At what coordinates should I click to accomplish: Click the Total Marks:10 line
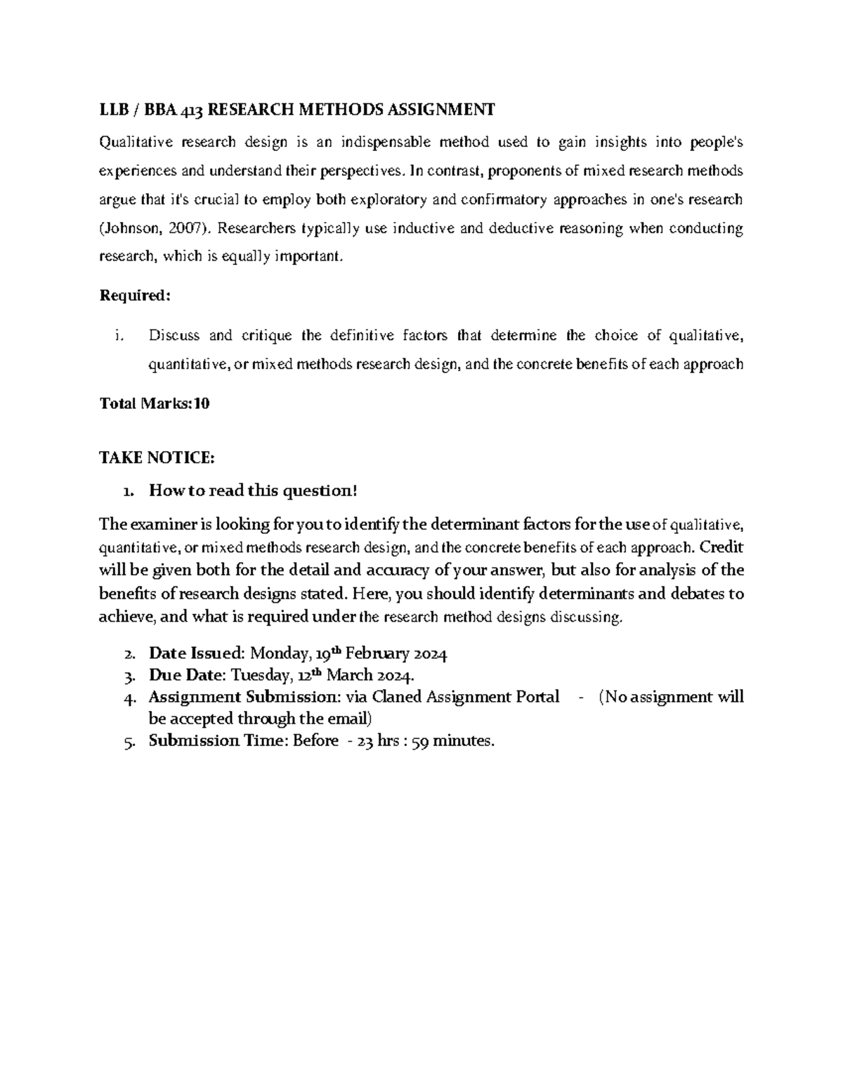[x=155, y=404]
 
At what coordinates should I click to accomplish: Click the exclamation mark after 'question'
[x=355, y=491]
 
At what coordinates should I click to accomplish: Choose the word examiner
[x=160, y=524]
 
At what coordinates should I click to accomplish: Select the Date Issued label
[x=195, y=654]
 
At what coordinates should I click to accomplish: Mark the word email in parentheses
[x=348, y=719]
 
